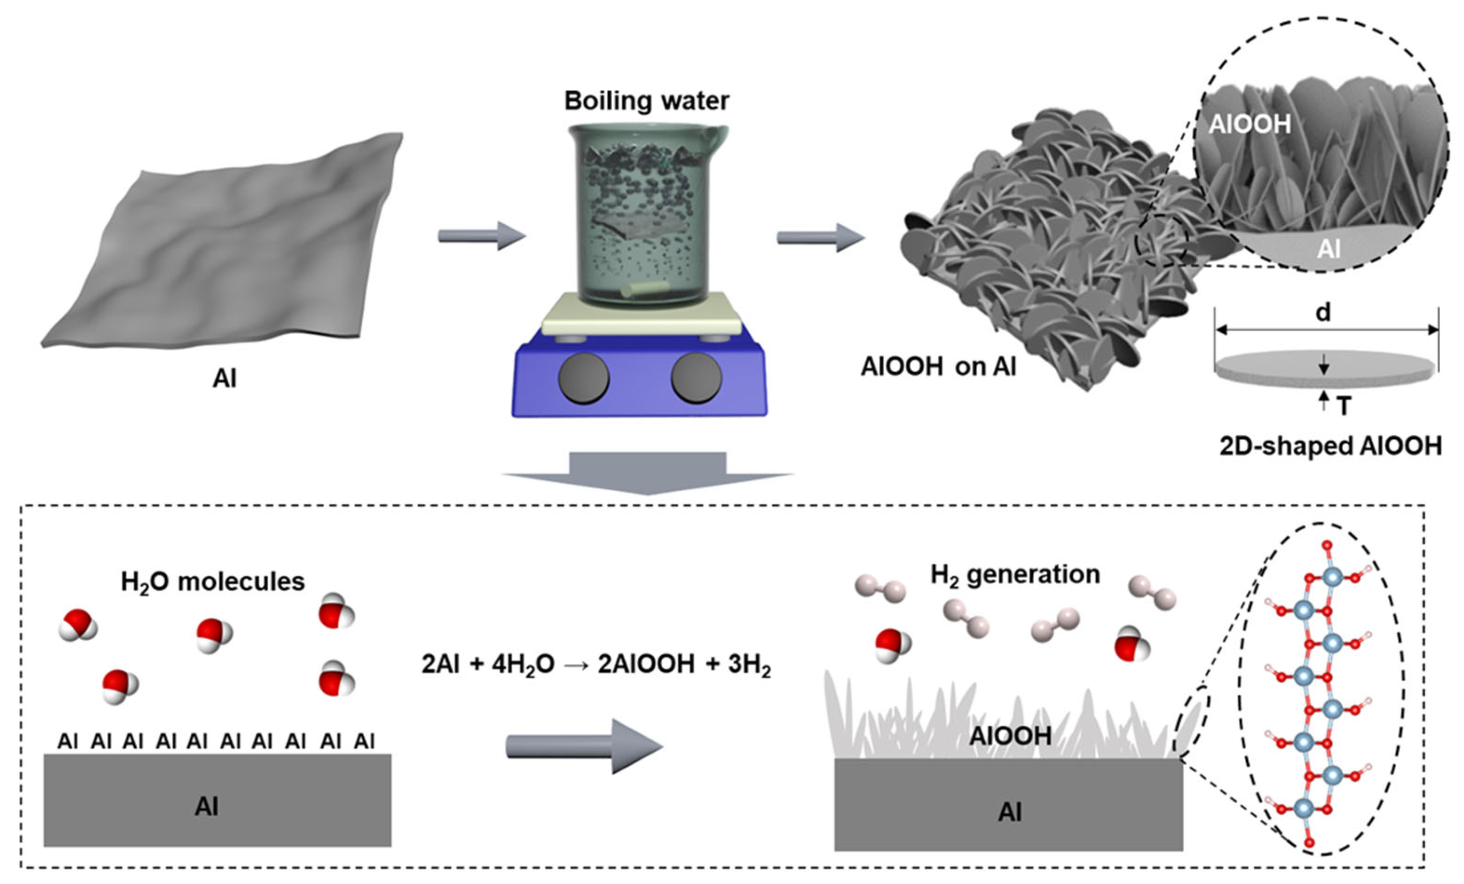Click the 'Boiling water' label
646,101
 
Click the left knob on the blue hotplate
584,378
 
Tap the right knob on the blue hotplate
696,378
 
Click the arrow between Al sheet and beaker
481,235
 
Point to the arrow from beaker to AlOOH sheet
820,237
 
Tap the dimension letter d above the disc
1323,312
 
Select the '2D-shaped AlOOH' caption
1330,447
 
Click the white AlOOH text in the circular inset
1250,125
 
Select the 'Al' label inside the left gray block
206,807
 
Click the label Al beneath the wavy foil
224,378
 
